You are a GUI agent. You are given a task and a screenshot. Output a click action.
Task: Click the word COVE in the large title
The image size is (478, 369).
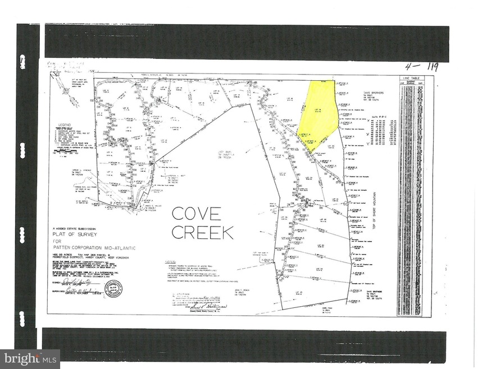[196, 214]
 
